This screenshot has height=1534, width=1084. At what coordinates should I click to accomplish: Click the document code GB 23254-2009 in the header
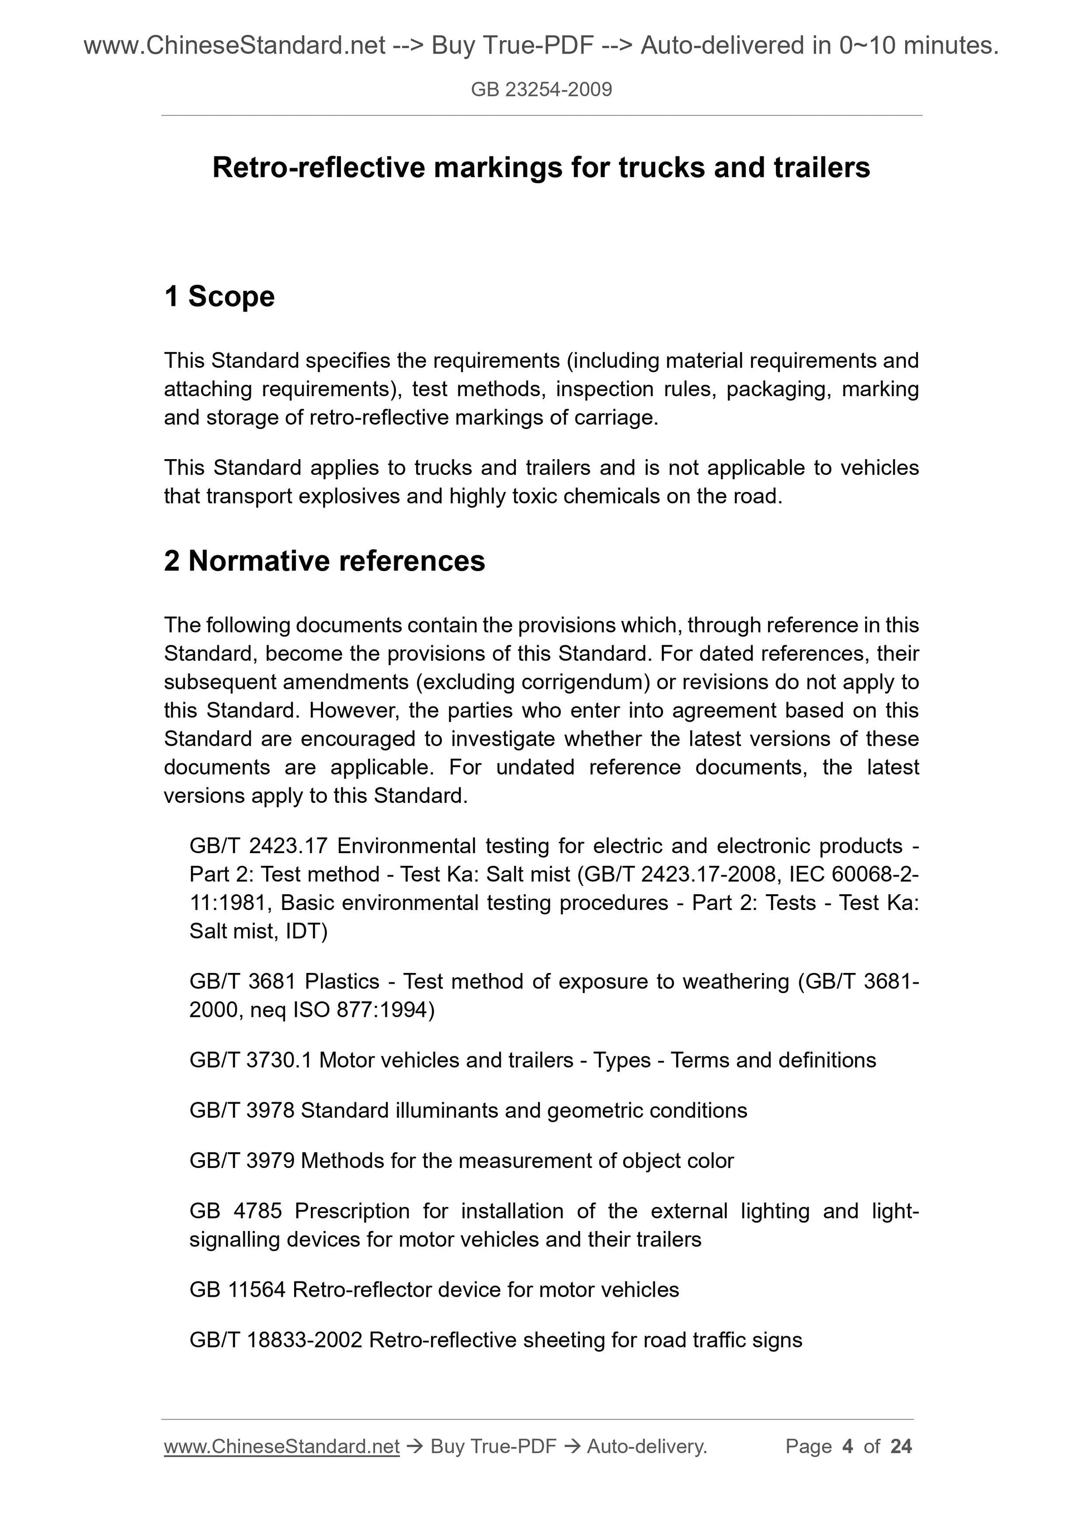click(x=541, y=90)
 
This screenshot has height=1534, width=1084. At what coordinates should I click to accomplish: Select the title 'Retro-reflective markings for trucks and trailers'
click(x=541, y=168)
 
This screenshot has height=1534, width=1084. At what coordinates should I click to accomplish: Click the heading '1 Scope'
click(x=219, y=296)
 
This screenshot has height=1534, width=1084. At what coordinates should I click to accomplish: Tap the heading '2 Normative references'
click(x=324, y=561)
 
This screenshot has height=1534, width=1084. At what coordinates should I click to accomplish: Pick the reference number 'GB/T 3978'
click(x=242, y=1111)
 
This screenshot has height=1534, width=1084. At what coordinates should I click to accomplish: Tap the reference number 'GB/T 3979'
click(x=242, y=1161)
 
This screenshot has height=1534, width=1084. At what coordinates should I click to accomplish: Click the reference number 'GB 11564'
click(x=238, y=1289)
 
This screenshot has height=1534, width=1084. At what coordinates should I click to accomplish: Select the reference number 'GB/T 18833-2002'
click(x=276, y=1340)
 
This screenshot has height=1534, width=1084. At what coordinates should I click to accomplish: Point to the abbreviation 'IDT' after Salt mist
click(x=304, y=931)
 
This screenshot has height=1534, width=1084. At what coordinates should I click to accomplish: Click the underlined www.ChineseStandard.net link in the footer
click(x=281, y=1447)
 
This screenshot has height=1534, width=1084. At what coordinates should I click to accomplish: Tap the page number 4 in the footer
click(x=848, y=1447)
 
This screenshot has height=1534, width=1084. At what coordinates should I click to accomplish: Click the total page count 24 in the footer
click(x=901, y=1447)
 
